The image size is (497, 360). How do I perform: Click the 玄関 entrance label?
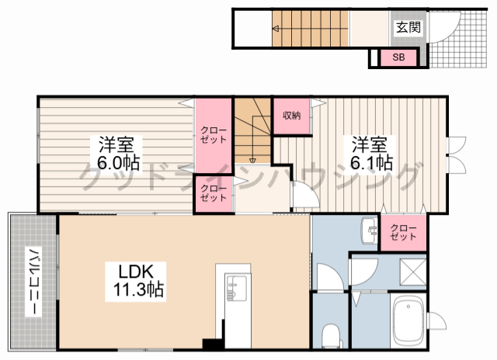click(x=408, y=28)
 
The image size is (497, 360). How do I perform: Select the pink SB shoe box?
click(x=398, y=57)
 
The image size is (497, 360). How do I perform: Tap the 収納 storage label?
click(x=292, y=116)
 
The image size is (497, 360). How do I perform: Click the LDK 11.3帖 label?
click(x=136, y=281)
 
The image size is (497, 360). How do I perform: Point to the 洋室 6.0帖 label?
click(x=116, y=154)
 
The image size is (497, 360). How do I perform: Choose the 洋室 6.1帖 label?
click(x=370, y=154)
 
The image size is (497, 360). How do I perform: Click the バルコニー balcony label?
click(x=33, y=282)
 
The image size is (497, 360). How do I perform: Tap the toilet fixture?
click(x=331, y=336)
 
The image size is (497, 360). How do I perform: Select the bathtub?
click(x=408, y=322)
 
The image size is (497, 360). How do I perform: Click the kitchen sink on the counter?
click(x=235, y=289)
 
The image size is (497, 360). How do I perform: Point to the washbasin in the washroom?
click(x=369, y=230)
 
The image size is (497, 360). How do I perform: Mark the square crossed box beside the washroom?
click(x=413, y=272)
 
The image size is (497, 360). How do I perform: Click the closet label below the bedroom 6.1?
click(x=403, y=233)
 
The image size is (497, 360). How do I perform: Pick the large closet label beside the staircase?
click(x=214, y=135)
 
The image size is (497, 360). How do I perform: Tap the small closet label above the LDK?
click(x=214, y=193)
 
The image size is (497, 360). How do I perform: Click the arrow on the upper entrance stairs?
click(x=275, y=29)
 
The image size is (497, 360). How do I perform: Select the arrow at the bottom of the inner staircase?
click(x=252, y=160)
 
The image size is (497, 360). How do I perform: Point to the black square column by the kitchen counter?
click(x=209, y=344)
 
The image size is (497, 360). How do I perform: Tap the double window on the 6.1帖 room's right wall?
click(x=456, y=155)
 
